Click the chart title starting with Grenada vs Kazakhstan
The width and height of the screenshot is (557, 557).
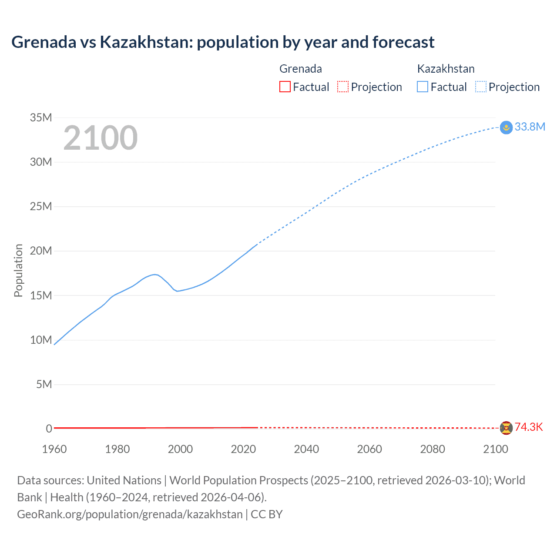pyautogui.click(x=223, y=42)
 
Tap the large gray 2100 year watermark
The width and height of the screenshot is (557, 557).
pyautogui.click(x=101, y=138)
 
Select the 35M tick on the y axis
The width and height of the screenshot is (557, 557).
pyautogui.click(x=41, y=117)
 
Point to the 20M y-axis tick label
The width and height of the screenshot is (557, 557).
pyautogui.click(x=41, y=251)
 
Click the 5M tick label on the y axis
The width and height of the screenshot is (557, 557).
pyautogui.click(x=44, y=384)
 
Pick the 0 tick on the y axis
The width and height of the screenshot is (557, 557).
pyautogui.click(x=49, y=429)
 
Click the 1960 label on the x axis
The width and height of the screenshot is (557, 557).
pyautogui.click(x=54, y=449)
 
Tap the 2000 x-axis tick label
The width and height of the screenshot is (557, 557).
pyautogui.click(x=180, y=449)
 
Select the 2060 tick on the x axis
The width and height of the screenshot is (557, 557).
pyautogui.click(x=369, y=449)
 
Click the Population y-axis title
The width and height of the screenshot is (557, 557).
pyautogui.click(x=18, y=270)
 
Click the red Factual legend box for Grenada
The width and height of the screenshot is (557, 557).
pyautogui.click(x=285, y=87)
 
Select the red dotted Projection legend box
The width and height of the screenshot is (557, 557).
pyautogui.click(x=343, y=87)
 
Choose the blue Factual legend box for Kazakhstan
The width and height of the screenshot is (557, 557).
pyautogui.click(x=423, y=87)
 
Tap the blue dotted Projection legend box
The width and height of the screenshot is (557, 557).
pyautogui.click(x=481, y=87)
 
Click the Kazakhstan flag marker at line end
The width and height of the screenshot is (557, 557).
pyautogui.click(x=506, y=128)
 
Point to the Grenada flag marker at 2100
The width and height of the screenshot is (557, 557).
pyautogui.click(x=506, y=428)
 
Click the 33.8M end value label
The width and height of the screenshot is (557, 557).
pyautogui.click(x=530, y=127)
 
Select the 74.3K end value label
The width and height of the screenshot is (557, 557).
pyautogui.click(x=529, y=427)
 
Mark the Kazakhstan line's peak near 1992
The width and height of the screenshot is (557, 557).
pyautogui.click(x=155, y=274)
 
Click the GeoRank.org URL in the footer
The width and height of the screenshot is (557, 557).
pyautogui.click(x=130, y=514)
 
